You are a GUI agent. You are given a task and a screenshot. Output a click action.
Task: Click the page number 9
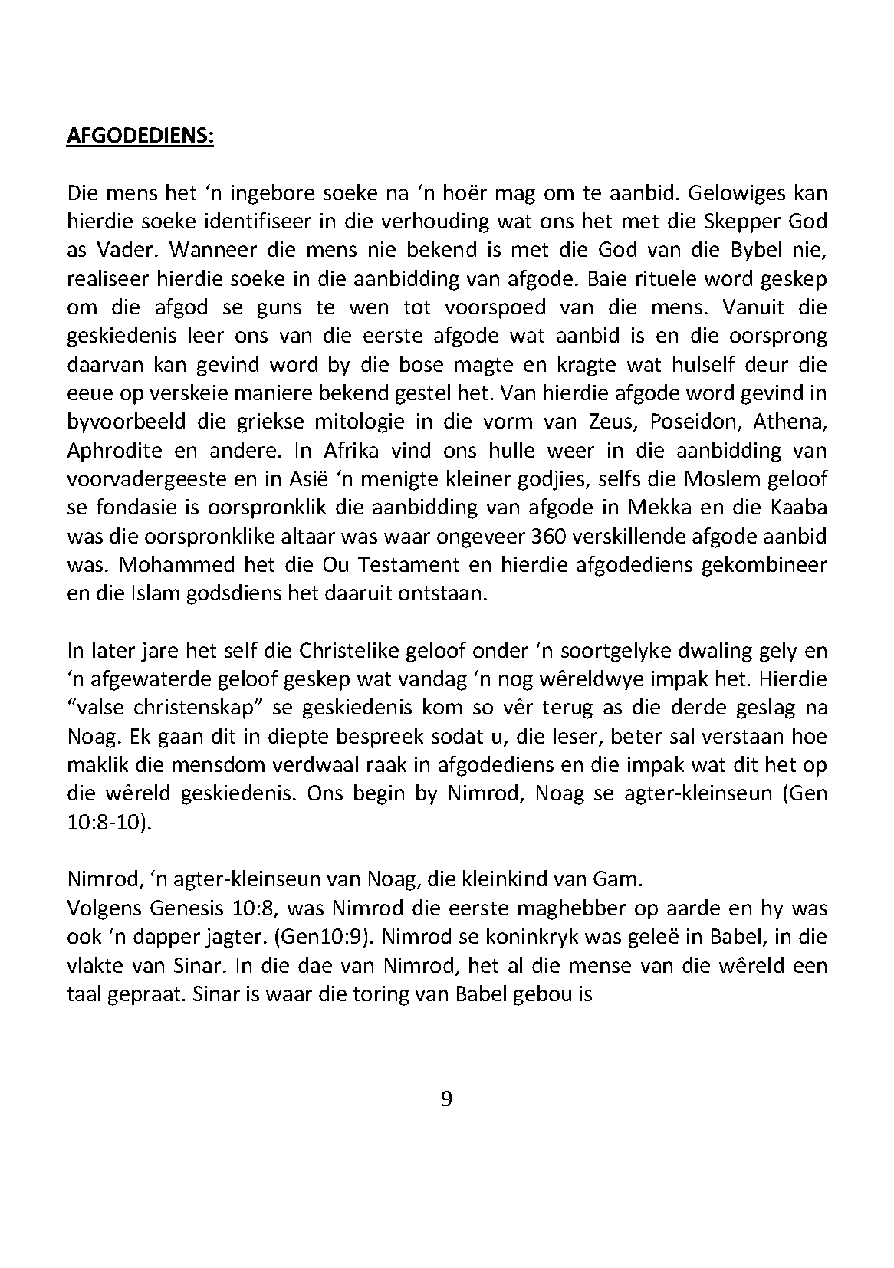click(447, 1099)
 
